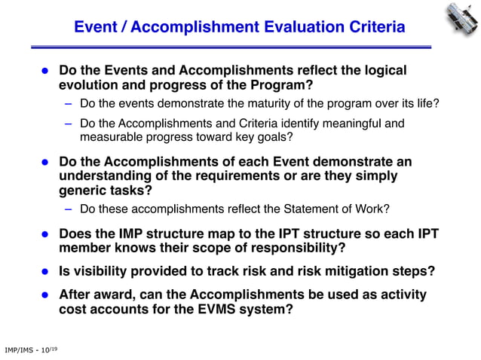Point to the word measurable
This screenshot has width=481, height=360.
pyautogui.click(x=110, y=137)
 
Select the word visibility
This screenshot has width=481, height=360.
pyautogui.click(x=99, y=271)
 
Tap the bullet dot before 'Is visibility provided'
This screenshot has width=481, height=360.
pyautogui.click(x=44, y=272)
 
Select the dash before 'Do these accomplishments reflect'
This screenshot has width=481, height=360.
pyautogui.click(x=68, y=209)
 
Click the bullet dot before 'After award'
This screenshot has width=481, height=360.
pyautogui.click(x=44, y=294)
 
